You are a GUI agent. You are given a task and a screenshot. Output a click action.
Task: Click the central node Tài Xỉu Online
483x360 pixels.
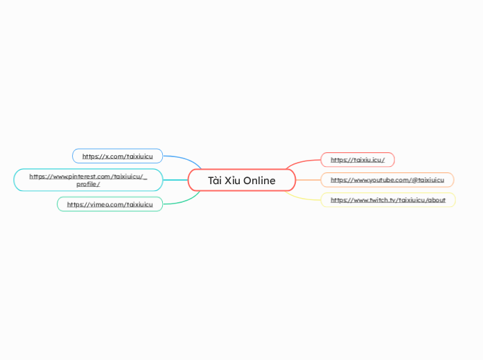(x=242, y=180)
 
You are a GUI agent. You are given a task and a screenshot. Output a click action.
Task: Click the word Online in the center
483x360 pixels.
(x=259, y=180)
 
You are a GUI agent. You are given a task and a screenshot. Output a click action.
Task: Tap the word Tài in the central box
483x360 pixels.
(x=215, y=180)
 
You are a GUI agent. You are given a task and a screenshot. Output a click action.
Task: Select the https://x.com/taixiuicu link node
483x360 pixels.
(x=117, y=156)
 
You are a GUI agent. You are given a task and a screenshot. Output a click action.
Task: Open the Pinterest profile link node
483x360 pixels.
(x=88, y=180)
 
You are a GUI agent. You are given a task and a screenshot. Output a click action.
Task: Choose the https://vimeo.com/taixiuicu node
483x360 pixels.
(x=109, y=204)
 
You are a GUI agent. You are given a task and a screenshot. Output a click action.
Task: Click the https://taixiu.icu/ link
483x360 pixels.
(x=358, y=160)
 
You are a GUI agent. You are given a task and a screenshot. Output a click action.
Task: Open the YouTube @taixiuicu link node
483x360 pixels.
(x=387, y=180)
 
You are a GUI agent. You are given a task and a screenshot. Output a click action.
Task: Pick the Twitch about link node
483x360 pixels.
(x=388, y=200)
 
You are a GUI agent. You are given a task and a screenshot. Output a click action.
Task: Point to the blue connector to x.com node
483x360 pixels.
(x=184, y=158)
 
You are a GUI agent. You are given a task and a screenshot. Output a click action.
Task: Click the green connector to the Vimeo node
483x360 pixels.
(x=184, y=202)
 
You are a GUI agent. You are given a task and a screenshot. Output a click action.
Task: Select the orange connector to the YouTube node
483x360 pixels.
(x=308, y=180)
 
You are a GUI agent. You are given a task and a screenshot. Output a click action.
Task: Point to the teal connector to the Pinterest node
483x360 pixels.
(x=175, y=180)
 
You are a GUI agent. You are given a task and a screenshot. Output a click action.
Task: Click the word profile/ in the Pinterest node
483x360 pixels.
(x=88, y=184)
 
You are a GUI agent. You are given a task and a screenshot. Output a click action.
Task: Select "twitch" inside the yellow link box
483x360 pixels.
(x=377, y=200)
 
